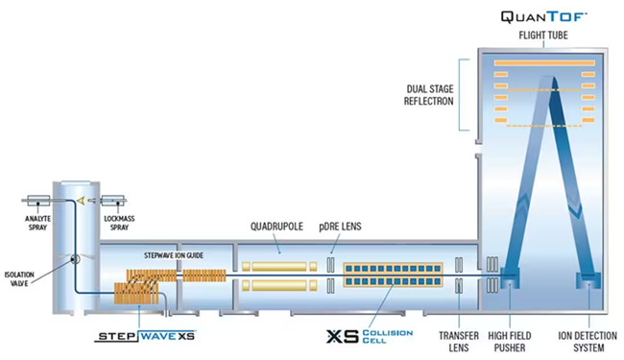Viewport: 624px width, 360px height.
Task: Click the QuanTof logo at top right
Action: [x=542, y=16]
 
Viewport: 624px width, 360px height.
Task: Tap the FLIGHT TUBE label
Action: [x=542, y=37]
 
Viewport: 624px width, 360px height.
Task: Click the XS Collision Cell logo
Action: [x=369, y=337]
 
